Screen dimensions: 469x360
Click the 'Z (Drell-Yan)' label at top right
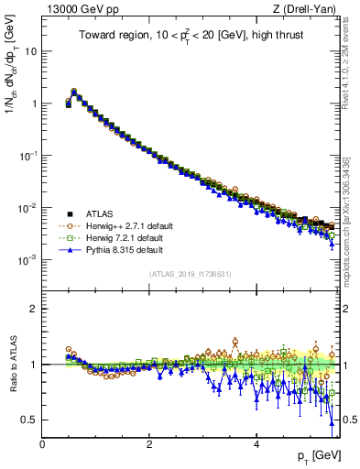pos(308,9)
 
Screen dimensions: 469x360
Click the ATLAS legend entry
pos(96,213)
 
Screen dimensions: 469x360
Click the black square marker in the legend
pos(67,213)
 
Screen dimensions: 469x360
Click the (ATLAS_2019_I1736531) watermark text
pos(191,275)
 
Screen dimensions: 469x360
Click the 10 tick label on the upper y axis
pos(29,51)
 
